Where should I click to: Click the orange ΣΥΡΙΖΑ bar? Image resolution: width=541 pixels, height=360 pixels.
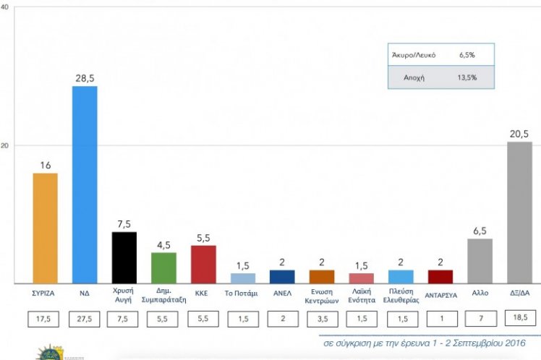[x=45, y=228]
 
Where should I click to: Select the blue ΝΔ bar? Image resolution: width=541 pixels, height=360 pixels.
[x=85, y=184]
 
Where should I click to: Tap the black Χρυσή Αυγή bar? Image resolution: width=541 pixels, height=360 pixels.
[x=124, y=257]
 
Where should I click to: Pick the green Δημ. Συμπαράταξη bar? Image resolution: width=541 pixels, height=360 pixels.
[x=164, y=267]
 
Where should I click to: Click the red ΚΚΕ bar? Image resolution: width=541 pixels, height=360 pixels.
[x=203, y=264]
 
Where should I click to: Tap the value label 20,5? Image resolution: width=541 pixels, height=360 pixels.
[x=519, y=134]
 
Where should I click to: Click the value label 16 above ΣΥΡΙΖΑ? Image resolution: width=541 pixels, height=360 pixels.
[x=45, y=166]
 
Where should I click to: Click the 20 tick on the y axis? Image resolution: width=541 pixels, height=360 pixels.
[x=5, y=145]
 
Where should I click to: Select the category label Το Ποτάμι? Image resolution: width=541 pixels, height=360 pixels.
[x=242, y=293]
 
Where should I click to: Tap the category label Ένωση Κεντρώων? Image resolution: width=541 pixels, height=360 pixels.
[x=322, y=298]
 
